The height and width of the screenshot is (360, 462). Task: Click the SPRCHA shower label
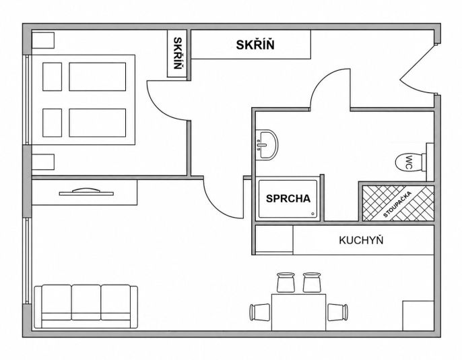[288, 198]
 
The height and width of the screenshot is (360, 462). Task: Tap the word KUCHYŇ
[361, 240]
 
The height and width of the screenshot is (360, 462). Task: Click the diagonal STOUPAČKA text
[397, 204]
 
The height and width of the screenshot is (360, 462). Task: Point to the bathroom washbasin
[267, 145]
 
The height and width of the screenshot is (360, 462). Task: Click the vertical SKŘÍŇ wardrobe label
[177, 53]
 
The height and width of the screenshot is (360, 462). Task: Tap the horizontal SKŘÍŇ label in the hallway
[255, 44]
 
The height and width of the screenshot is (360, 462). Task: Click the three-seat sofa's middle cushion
[86, 302]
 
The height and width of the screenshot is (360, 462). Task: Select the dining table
[298, 312]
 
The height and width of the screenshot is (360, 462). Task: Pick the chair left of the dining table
[260, 312]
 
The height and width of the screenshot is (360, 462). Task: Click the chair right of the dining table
[337, 312]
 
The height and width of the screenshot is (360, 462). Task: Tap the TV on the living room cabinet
[86, 191]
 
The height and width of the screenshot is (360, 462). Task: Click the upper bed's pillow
[52, 77]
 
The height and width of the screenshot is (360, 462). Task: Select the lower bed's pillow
[52, 123]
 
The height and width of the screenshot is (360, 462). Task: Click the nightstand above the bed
[43, 40]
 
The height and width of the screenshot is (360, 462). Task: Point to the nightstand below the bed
[43, 162]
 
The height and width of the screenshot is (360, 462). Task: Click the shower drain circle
[312, 214]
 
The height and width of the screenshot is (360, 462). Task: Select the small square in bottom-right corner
[418, 316]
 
